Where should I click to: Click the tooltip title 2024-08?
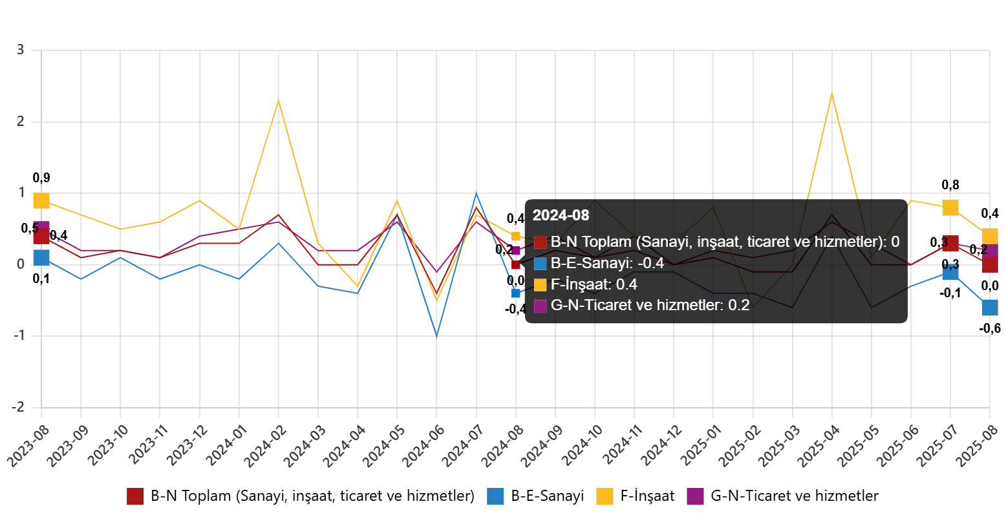(561, 216)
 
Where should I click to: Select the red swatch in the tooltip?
(540, 243)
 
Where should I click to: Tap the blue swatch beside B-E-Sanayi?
(540, 264)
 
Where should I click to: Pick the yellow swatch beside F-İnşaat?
(540, 285)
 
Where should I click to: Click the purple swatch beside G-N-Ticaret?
(540, 306)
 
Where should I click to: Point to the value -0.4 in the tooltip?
(650, 263)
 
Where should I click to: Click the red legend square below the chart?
(135, 496)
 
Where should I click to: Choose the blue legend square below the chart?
(496, 496)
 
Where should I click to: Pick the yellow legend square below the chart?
(605, 496)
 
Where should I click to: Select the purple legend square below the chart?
(694, 496)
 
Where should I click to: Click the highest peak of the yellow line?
(831, 92)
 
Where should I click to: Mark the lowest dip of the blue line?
(437, 336)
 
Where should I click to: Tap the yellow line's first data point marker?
(41, 201)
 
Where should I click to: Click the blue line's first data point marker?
(41, 257)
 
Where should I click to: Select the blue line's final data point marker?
(989, 308)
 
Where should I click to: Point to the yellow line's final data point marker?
(989, 236)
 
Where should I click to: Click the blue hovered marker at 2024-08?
(517, 293)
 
